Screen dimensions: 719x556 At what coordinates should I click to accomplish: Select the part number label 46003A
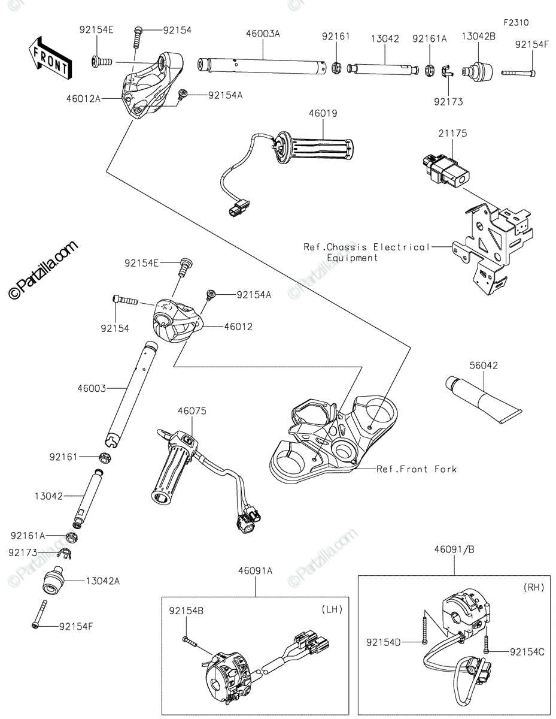pyautogui.click(x=263, y=34)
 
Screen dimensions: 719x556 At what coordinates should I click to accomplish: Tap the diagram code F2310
pyautogui.click(x=516, y=23)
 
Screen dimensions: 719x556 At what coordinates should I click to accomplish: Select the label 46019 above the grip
pyautogui.click(x=323, y=113)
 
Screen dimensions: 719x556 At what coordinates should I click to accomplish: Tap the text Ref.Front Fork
pyautogui.click(x=416, y=469)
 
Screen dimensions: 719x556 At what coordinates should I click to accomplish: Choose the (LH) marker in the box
pyautogui.click(x=331, y=609)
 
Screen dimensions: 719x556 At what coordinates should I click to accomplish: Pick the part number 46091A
pyautogui.click(x=256, y=571)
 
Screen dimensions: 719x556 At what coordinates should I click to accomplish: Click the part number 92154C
pyautogui.click(x=527, y=651)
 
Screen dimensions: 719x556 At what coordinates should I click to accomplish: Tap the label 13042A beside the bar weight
pyautogui.click(x=103, y=581)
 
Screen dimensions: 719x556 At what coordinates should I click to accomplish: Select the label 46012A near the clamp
pyautogui.click(x=84, y=98)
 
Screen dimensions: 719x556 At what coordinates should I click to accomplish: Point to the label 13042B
pyautogui.click(x=478, y=38)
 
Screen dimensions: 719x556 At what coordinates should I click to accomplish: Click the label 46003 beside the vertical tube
pyautogui.click(x=92, y=389)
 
